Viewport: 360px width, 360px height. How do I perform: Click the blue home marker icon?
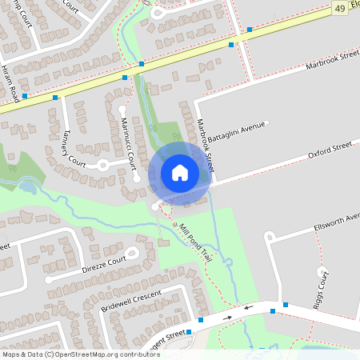[180, 172]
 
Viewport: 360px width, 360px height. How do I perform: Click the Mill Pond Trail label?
[194, 242]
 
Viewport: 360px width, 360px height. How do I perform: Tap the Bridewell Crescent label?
[132, 302]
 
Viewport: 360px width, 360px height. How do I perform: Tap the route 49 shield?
[340, 8]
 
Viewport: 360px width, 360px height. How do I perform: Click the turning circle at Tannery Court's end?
[102, 165]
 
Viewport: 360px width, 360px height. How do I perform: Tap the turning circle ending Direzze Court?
[50, 280]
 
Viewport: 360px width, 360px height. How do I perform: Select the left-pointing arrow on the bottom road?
[247, 307]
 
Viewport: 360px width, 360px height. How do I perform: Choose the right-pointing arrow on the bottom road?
[227, 317]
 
